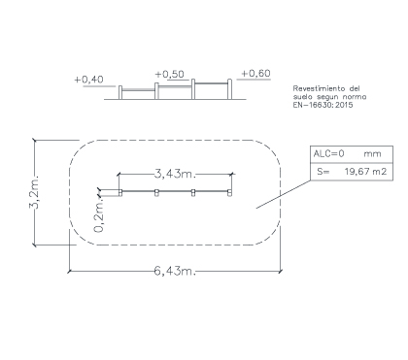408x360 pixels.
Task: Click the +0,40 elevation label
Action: point(88,80)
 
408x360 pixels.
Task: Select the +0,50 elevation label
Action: point(170,75)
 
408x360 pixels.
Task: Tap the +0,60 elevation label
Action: point(255,74)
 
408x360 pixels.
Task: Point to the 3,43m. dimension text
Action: point(175,174)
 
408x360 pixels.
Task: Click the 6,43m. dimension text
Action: point(175,271)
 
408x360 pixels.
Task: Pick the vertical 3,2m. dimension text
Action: point(34,192)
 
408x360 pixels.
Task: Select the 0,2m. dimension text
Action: point(99,215)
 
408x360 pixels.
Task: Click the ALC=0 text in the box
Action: point(328,153)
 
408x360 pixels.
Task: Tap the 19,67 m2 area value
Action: point(365,171)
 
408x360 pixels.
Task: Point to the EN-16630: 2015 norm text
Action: point(323,105)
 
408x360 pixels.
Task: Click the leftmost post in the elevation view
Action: point(120,92)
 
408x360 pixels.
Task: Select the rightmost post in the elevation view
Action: point(229,89)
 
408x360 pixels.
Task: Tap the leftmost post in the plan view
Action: point(120,193)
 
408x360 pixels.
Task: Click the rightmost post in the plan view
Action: point(229,193)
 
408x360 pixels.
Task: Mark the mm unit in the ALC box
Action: point(372,154)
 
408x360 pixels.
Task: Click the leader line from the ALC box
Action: point(284,194)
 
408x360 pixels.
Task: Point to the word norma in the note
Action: point(355,97)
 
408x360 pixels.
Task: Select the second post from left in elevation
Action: point(156,91)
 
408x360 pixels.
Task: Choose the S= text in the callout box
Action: point(323,172)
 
